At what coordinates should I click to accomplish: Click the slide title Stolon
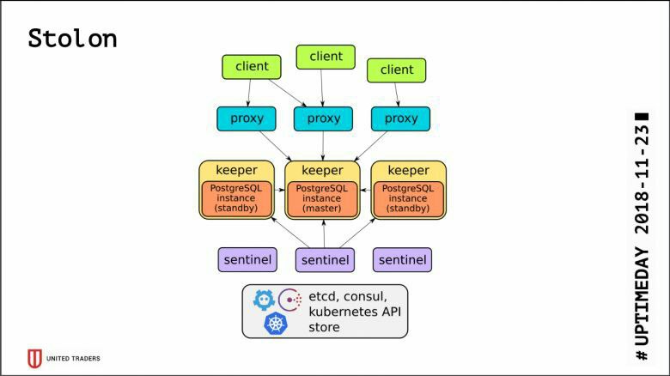point(72,39)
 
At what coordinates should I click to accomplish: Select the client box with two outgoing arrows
point(252,67)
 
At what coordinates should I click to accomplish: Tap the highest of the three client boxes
point(326,57)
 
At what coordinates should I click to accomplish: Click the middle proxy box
point(324,118)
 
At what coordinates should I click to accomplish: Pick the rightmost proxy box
point(401,118)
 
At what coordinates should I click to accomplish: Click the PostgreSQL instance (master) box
point(322,198)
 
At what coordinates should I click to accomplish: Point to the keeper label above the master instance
point(322,170)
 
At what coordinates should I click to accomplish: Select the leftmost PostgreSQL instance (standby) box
point(236,198)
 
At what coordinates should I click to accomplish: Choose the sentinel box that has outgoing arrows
point(326,260)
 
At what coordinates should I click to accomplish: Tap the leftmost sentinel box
point(247,259)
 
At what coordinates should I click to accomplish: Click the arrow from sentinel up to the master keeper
point(324,233)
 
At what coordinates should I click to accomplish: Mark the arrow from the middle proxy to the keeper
point(323,146)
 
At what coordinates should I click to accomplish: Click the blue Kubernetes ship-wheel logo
point(276,323)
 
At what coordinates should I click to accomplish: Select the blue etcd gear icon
point(264,300)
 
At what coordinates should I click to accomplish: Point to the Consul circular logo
point(290,300)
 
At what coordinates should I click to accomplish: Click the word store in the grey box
point(325,327)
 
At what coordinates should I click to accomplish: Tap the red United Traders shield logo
point(34,359)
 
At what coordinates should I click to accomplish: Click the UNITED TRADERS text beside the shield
point(73,359)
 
